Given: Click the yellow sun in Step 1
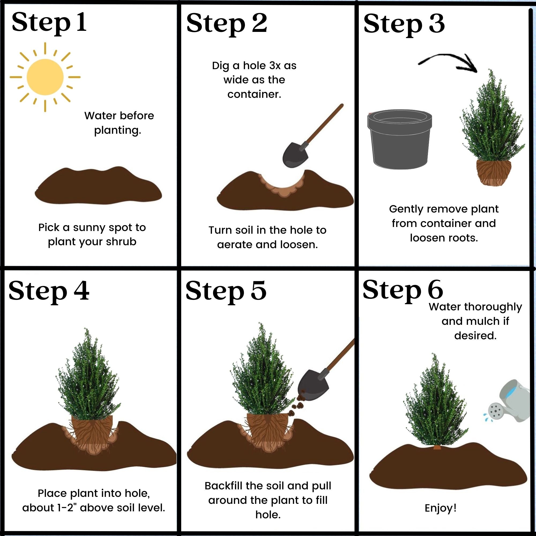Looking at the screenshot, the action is (x=45, y=77).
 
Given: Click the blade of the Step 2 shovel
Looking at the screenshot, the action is (x=295, y=155).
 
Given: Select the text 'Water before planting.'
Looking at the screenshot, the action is (x=119, y=123).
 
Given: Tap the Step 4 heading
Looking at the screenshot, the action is (x=49, y=291).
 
